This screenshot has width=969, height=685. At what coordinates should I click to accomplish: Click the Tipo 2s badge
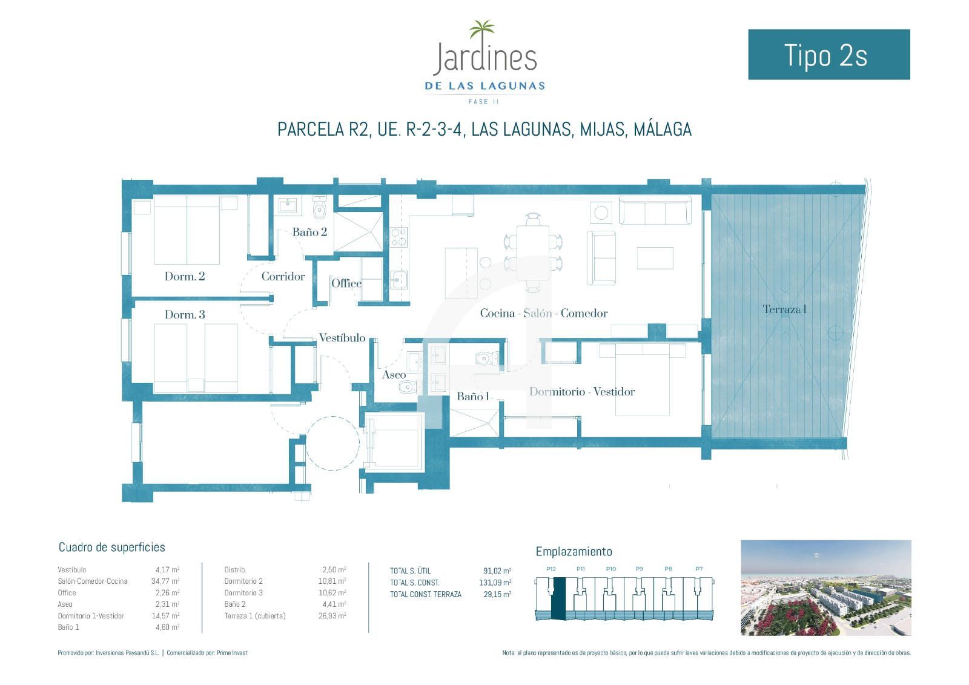[829, 55]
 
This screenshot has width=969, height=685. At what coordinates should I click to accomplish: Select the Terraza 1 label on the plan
[784, 309]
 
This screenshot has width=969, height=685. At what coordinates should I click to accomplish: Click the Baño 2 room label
[309, 232]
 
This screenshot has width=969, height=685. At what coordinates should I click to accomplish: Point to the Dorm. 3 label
[185, 314]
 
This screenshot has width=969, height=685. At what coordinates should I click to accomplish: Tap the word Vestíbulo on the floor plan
[342, 337]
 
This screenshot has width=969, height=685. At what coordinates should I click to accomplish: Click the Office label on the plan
[346, 283]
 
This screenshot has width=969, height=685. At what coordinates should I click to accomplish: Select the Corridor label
[283, 276]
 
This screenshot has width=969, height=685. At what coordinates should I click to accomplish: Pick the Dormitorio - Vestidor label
[582, 392]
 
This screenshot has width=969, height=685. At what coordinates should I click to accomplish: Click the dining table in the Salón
[532, 253]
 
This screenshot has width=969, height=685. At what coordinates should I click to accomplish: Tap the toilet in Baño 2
[319, 208]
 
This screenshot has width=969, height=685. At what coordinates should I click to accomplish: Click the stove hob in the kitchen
[399, 237]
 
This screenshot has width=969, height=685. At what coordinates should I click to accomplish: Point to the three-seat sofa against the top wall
[655, 210]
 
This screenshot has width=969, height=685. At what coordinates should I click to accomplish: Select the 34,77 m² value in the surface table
[165, 581]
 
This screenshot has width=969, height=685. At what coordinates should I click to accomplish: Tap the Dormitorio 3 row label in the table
[243, 593]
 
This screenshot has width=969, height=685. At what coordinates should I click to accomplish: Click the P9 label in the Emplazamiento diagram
[639, 569]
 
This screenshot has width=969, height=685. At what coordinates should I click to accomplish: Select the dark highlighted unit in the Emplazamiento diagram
[558, 598]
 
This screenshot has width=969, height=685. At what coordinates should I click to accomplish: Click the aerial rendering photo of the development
[826, 587]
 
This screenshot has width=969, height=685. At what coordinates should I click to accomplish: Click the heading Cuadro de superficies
[111, 548]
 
